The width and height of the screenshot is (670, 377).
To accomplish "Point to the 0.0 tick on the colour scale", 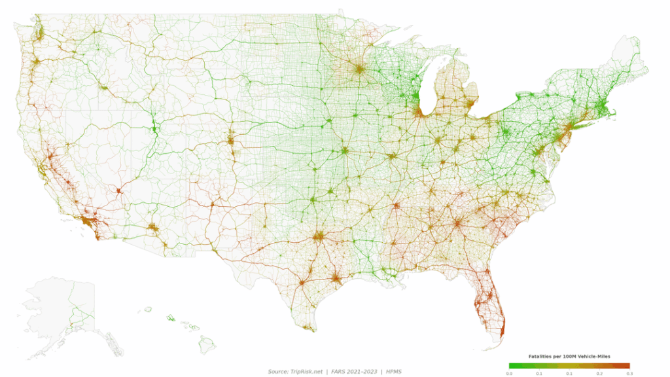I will [510, 373].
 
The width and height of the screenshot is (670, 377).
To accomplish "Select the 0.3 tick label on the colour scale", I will [629, 373].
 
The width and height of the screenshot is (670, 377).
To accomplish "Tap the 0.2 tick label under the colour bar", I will [599, 373].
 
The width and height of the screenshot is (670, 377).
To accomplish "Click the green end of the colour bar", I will [511, 365].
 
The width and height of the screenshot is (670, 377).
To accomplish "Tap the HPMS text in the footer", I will [393, 372].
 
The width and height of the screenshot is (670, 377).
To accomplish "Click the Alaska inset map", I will [62, 308].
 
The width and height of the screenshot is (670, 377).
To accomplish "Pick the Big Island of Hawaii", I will [208, 342].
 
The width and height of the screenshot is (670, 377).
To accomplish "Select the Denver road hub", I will [230, 140].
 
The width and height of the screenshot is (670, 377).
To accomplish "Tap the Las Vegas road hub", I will [119, 191].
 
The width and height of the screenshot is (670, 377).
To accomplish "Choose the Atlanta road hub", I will [457, 223].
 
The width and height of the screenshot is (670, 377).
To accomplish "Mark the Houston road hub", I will [336, 279].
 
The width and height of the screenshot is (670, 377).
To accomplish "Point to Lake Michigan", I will [426, 88].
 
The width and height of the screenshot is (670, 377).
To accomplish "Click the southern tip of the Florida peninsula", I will [501, 334].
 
